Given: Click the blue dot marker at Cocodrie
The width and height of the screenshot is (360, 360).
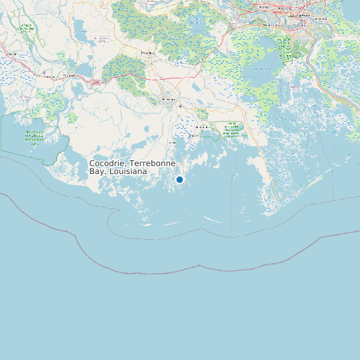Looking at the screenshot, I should tap(179, 179).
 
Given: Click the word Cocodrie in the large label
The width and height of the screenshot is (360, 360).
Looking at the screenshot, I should tap(108, 163).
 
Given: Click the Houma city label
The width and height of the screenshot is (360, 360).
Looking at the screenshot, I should tap(169, 100).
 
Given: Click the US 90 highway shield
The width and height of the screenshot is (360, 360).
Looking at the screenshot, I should tap(96, 82).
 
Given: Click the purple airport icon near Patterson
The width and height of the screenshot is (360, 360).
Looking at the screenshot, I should tap(44, 71).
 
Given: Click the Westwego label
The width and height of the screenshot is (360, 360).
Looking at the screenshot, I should tap(271, 25).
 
